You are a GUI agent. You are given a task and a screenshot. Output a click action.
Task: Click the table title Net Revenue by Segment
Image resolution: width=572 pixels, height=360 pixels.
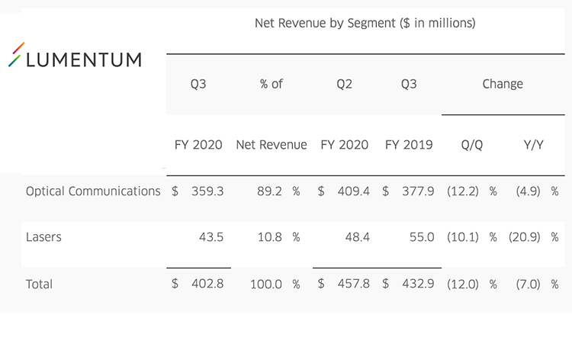[x=365, y=24]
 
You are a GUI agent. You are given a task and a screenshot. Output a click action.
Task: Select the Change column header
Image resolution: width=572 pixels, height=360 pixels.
[x=503, y=84]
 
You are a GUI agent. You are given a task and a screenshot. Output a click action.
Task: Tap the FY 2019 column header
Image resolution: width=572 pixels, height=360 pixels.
[x=409, y=145]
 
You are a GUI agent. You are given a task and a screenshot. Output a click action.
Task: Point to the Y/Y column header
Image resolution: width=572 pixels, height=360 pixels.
[x=533, y=145]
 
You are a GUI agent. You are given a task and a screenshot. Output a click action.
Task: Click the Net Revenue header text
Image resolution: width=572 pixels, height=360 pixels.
[x=272, y=145]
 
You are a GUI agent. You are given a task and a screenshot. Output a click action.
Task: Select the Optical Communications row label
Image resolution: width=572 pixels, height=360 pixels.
[x=93, y=191]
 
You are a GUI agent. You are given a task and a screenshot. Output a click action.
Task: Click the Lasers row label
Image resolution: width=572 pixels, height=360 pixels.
[x=43, y=237]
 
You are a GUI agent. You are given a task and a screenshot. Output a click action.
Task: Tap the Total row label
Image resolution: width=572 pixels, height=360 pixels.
[x=39, y=284]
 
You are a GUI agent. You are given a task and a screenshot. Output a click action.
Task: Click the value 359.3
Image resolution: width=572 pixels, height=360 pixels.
[x=207, y=191]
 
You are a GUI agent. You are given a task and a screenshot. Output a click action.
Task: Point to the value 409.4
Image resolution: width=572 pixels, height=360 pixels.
[x=353, y=191]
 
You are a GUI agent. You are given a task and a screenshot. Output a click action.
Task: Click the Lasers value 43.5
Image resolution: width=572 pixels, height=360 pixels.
[x=210, y=237]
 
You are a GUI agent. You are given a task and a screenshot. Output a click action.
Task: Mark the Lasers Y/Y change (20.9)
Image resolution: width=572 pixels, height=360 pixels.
[x=526, y=237]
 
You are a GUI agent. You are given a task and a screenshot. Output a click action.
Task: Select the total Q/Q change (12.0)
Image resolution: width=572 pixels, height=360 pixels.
[x=464, y=284]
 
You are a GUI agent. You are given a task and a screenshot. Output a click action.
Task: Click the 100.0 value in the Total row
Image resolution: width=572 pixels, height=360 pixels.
[x=267, y=284]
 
